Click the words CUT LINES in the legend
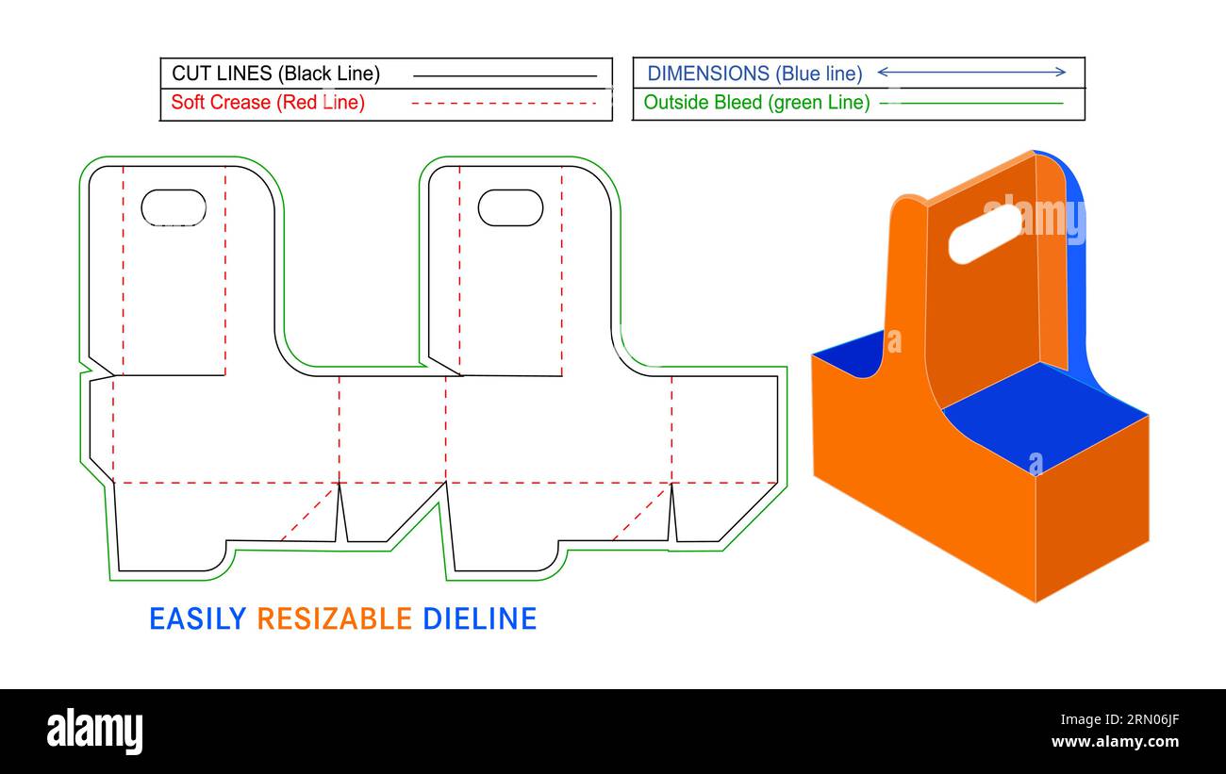pos(222,74)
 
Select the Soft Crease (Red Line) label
pos(268,102)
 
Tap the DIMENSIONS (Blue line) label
pos(754,74)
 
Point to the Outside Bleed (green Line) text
pos(756,102)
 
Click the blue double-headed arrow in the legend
pos(971,72)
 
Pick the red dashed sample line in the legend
pos(504,103)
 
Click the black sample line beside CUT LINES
pos(505,76)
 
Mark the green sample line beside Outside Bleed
pos(971,103)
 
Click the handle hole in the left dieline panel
pos(174,207)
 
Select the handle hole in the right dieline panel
pos(510,207)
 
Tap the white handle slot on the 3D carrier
pos(985,234)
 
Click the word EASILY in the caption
pos(198,619)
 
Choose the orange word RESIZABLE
pos(335,619)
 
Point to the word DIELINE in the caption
pos(479,619)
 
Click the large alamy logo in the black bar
pos(94,732)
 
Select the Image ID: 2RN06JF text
pos(1119,719)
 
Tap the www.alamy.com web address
pos(1115,742)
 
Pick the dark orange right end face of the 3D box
pos(1092,509)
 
